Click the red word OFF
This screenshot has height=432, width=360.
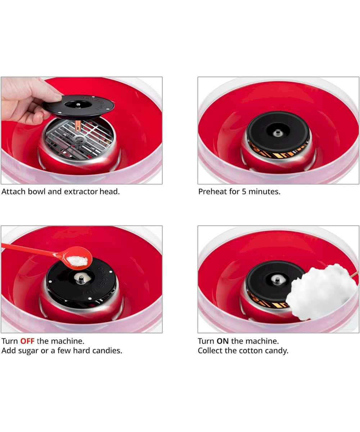point(27,341)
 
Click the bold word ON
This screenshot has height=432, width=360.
point(222,341)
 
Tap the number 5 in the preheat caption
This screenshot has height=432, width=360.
point(244,192)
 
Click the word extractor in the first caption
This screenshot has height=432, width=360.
point(81,192)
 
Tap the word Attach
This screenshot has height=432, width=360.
point(13,192)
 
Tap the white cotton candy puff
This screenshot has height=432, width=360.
point(322,292)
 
